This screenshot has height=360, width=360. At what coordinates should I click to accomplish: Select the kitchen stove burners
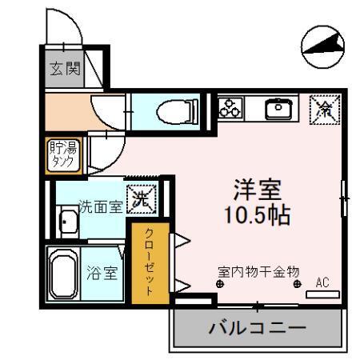(x=233, y=106)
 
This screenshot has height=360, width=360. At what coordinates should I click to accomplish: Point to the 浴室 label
(x=102, y=272)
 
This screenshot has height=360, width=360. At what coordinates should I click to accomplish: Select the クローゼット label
(x=149, y=260)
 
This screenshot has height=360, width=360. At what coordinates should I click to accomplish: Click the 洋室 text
(x=256, y=192)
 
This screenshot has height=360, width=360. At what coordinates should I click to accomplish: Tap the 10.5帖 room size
(x=256, y=215)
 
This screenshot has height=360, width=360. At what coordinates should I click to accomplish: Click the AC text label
(x=322, y=282)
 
